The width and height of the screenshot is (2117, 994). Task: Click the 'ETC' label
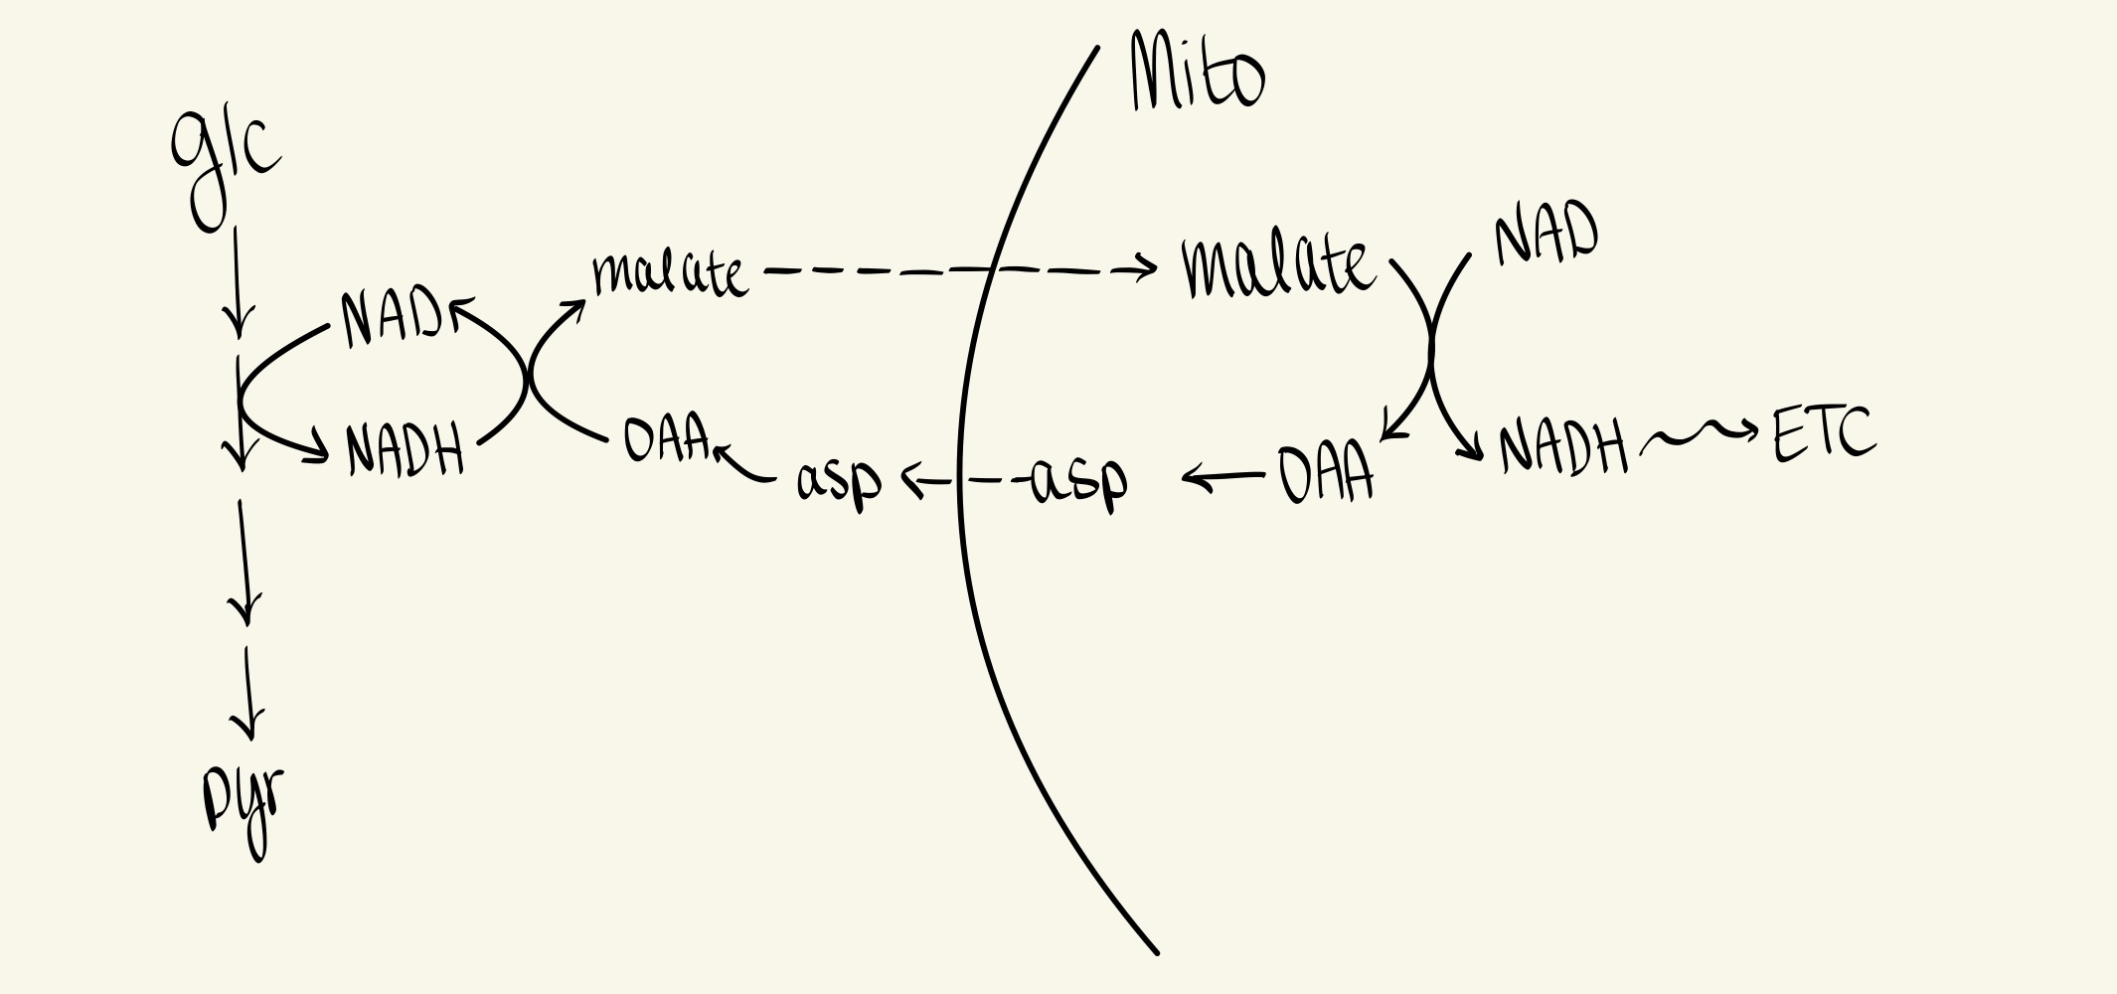1824,435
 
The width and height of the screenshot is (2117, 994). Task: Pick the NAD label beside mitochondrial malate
1546,236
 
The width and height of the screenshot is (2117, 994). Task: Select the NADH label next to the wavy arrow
1561,447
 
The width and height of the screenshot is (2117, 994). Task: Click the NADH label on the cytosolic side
405,449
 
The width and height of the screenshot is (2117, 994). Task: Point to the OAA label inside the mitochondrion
1325,474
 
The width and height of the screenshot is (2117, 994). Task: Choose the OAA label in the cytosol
666,438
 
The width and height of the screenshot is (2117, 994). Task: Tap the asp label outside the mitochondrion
839,480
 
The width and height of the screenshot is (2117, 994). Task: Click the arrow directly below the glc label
237,283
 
